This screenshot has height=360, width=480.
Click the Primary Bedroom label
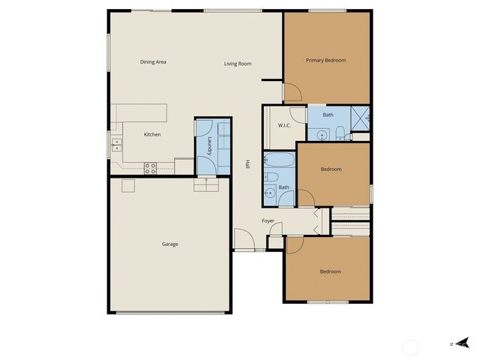[326, 60]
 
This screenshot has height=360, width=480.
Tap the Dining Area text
[153, 61]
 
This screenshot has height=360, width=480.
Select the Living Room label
[237, 64]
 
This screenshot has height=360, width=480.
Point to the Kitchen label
[152, 134]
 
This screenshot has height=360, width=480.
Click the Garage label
[169, 244]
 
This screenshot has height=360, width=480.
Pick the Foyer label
[268, 221]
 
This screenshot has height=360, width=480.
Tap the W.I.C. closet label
[284, 125]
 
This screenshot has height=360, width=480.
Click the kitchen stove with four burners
[150, 168]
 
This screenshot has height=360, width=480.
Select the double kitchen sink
[116, 143]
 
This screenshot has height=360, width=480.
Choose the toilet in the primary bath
[340, 134]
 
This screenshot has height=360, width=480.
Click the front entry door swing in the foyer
[243, 240]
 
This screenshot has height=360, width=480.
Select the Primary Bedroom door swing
[292, 91]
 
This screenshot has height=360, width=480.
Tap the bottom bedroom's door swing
[294, 245]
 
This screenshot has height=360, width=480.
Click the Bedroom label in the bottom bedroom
[330, 271]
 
